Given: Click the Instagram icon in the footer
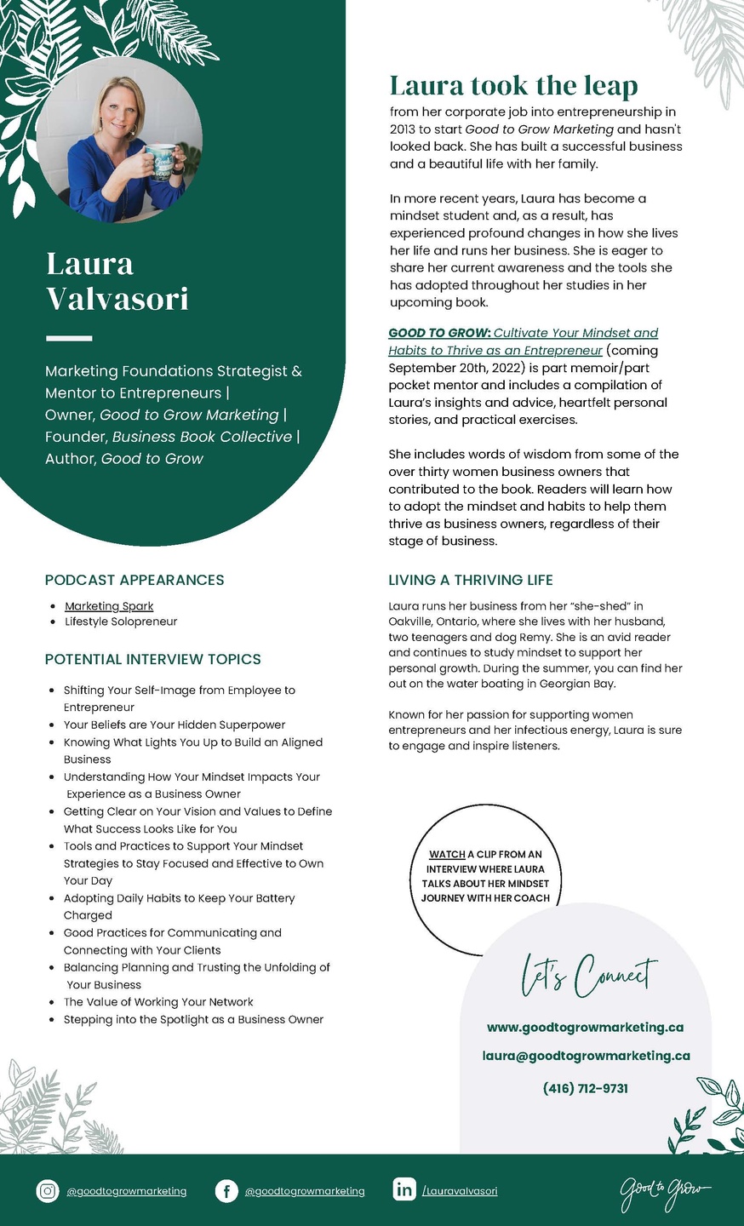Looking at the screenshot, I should point(48,1190).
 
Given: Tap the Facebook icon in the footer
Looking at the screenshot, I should point(226,1190).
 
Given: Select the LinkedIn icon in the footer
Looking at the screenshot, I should point(404,1189).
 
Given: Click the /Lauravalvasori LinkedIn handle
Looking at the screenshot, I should point(460,1191).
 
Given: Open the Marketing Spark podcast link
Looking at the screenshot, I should point(109,606).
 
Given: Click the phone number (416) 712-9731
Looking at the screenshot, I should point(586,1088).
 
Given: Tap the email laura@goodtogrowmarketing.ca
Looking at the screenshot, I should point(586,1056).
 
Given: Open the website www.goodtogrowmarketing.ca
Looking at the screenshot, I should point(586,1027).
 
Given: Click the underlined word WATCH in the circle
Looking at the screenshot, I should point(447,854).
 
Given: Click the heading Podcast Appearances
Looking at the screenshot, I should point(134,580).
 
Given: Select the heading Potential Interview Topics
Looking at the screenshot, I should point(153,659).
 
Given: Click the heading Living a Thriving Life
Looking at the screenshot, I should point(471,580).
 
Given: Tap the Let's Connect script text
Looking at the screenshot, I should point(588,976).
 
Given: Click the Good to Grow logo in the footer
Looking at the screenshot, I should point(665,1189).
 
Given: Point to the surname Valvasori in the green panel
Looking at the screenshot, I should point(117,299).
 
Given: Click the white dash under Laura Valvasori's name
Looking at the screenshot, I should point(69,338).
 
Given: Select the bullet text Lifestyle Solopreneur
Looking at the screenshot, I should point(121,622).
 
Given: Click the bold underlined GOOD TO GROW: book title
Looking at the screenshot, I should point(439,333).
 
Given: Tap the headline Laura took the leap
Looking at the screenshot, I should point(513,85).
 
